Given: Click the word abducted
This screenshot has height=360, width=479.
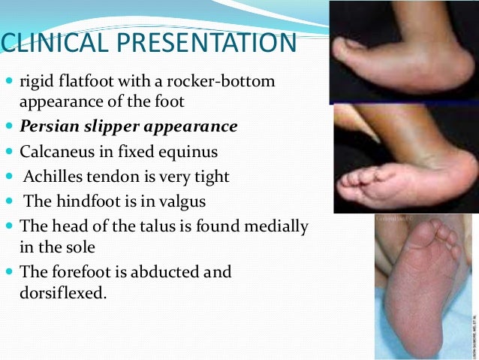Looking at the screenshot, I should [163, 272].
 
